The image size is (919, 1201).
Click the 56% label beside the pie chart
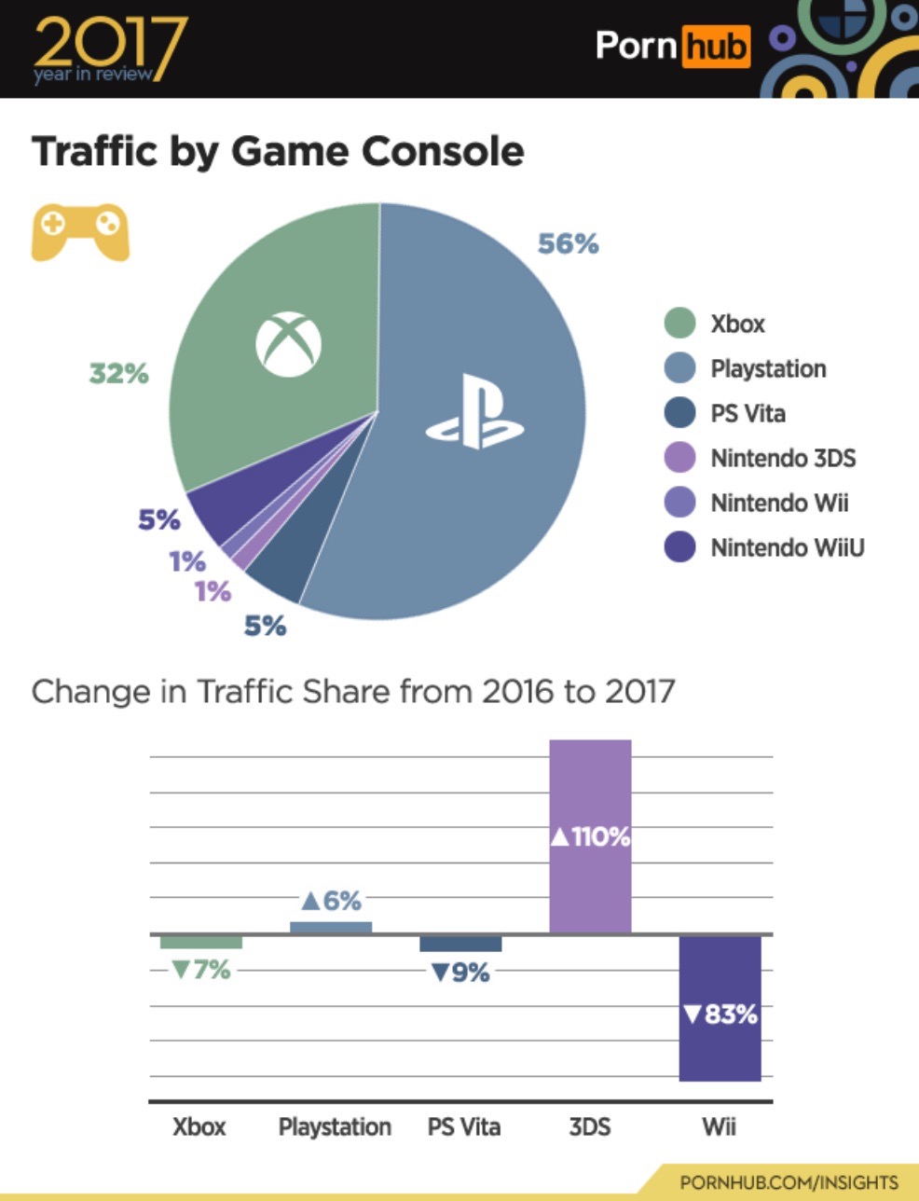pyautogui.click(x=568, y=243)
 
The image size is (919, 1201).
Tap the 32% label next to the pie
pyautogui.click(x=118, y=373)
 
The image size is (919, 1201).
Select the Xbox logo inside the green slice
pyautogui.click(x=288, y=342)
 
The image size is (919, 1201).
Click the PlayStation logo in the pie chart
pyautogui.click(x=474, y=413)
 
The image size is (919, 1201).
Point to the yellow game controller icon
pyautogui.click(x=80, y=230)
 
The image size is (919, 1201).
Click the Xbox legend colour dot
pyautogui.click(x=679, y=323)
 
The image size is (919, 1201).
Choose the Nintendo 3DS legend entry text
pyautogui.click(x=782, y=458)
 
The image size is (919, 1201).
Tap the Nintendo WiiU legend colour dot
pyautogui.click(x=679, y=547)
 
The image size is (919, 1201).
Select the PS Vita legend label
pyautogui.click(x=748, y=413)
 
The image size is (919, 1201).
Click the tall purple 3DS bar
pyautogui.click(x=590, y=793)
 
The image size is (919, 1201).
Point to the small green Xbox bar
pyautogui.click(x=200, y=943)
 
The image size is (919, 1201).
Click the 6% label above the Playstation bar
pyautogui.click(x=331, y=900)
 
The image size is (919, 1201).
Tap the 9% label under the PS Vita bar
pyautogui.click(x=459, y=973)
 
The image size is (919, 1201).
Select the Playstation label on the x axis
pyautogui.click(x=335, y=1126)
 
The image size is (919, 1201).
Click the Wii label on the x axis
pyautogui.click(x=719, y=1126)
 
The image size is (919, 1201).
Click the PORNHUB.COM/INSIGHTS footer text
pyautogui.click(x=789, y=1181)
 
